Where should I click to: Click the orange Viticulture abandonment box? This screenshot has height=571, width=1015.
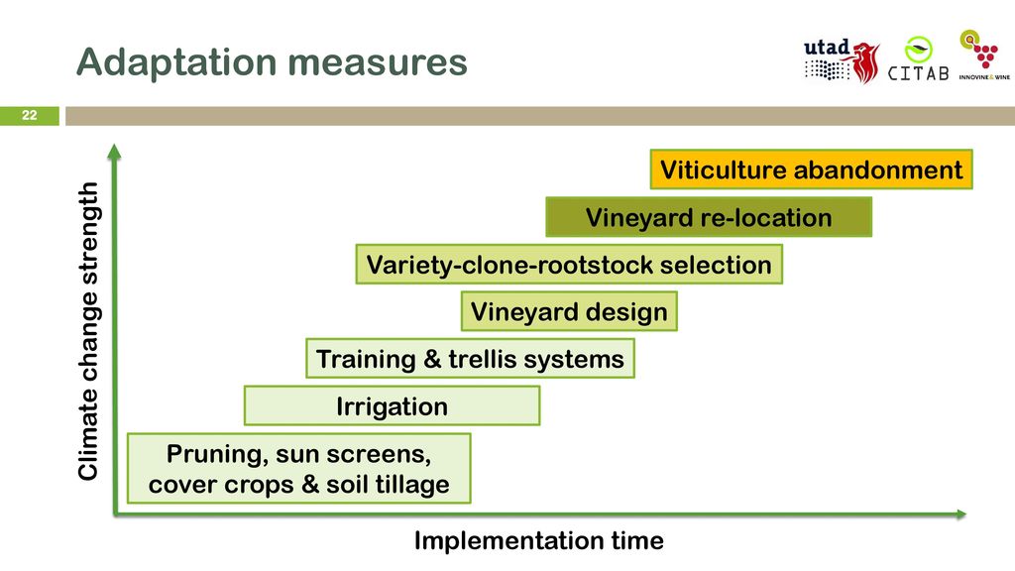click(811, 170)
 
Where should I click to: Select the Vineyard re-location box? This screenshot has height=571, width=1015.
click(709, 217)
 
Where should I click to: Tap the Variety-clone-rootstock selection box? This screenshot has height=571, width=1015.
click(569, 264)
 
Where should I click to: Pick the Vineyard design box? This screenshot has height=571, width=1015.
click(569, 311)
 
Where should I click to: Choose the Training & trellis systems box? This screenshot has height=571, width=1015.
click(470, 359)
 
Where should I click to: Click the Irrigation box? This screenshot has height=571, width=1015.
click(392, 405)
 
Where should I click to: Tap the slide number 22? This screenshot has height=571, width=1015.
click(30, 115)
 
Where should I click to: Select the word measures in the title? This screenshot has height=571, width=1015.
click(378, 62)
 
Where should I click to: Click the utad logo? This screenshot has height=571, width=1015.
click(841, 61)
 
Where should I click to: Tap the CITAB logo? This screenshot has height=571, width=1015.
click(918, 60)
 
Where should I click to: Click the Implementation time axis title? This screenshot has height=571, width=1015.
click(538, 540)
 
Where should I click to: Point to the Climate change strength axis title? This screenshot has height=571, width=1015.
click(88, 331)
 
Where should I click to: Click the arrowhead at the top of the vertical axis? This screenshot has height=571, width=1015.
click(115, 152)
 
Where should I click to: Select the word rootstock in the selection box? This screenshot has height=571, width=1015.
click(595, 265)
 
